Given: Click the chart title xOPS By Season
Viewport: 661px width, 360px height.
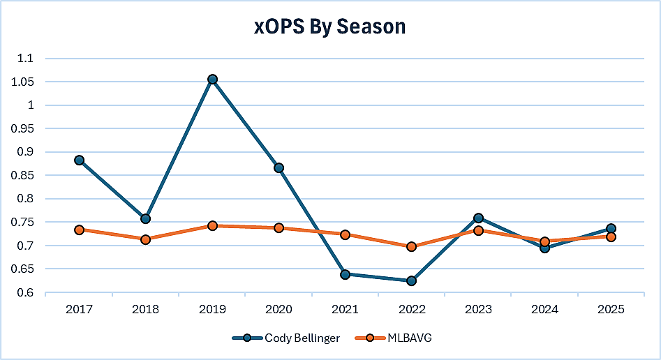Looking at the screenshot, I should pos(329,27).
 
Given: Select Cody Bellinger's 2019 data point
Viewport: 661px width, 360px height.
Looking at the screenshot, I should pos(212,80).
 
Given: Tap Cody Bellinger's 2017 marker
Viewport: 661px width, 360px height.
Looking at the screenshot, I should pos(79,160).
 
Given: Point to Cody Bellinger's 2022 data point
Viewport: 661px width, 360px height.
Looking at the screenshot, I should pos(411,280).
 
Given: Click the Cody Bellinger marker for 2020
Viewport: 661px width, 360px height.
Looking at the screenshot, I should pos(278,167).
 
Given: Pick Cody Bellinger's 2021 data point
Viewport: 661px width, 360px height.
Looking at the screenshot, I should pos(345,274).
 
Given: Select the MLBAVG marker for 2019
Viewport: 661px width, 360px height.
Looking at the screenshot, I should pos(212,225).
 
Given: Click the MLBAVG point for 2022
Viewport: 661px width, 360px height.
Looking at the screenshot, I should pos(411,246).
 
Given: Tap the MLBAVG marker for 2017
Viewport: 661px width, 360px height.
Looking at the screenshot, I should pos(79,230).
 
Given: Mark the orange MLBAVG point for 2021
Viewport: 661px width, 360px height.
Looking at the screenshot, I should pos(345,234).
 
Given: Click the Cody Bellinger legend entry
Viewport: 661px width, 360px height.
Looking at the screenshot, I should pos(285,338).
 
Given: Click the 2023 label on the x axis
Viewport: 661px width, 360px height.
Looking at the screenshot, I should pos(477,308).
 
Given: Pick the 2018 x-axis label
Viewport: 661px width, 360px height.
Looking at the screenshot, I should pos(145,308).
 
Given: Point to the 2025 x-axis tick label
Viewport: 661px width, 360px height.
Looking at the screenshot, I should pos(610,308).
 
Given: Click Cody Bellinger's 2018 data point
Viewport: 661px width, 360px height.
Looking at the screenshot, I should pos(145,219).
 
